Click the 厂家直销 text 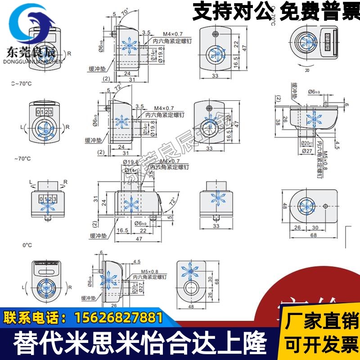tap(321, 322)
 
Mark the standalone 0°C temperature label tap(27, 245)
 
